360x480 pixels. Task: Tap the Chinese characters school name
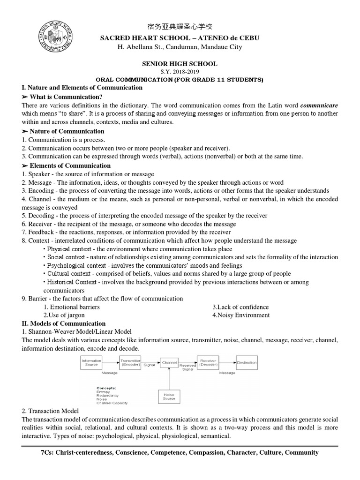tap(180, 26)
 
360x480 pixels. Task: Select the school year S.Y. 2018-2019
tap(180, 72)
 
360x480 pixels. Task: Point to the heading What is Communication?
tap(65, 97)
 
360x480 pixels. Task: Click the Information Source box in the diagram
tap(91, 363)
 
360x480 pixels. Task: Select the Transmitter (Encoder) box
tap(130, 362)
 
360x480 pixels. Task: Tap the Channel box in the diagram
tap(169, 362)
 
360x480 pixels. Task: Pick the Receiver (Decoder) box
tap(208, 362)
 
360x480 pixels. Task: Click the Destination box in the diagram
tap(247, 362)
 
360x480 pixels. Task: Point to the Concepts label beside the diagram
tap(106, 388)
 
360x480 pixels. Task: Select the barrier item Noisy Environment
tap(241, 315)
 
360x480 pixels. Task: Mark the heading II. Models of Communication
tap(64, 323)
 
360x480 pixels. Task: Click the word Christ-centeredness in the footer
tap(86, 452)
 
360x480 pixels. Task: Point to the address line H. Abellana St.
tap(180, 47)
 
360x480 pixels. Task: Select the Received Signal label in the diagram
tap(188, 367)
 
